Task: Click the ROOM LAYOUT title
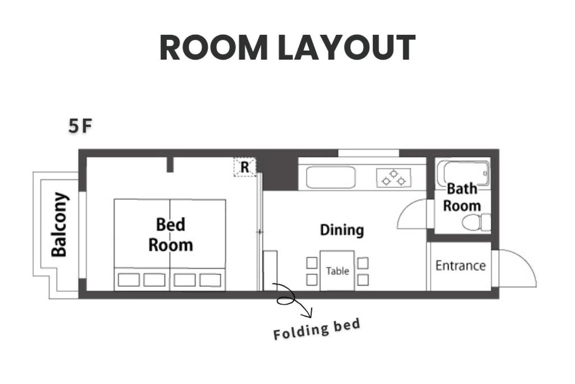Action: click(287, 48)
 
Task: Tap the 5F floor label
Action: click(80, 127)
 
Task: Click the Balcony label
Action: click(60, 224)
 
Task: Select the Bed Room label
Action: click(171, 234)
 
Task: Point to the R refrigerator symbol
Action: click(245, 168)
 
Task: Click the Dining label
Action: click(342, 230)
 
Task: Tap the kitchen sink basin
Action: click(331, 177)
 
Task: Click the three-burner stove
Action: click(394, 178)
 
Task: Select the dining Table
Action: click(337, 270)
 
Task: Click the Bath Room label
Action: click(462, 197)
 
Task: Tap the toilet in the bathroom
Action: click(476, 223)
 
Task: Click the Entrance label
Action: click(460, 265)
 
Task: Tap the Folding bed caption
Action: click(317, 329)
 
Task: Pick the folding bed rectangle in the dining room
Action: click(270, 270)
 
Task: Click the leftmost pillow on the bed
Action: click(129, 280)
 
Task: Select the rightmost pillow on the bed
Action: click(210, 280)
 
